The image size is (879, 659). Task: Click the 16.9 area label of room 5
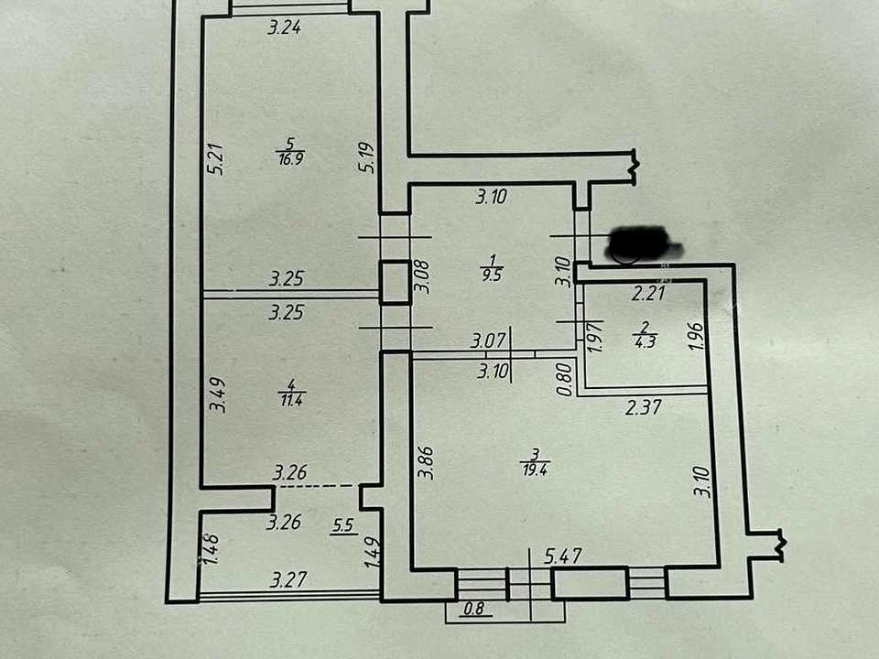click(290, 158)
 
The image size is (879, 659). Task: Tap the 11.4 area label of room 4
click(291, 400)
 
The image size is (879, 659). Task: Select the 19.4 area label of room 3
click(535, 470)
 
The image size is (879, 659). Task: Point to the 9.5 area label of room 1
click(492, 275)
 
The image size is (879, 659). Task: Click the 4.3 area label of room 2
click(646, 341)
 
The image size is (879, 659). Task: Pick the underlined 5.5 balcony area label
click(343, 525)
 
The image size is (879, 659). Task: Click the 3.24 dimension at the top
click(284, 27)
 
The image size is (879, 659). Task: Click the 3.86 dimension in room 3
click(426, 462)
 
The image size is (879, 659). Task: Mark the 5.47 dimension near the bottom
click(563, 556)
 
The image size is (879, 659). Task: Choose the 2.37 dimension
click(644, 406)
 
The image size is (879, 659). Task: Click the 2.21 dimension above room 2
click(648, 293)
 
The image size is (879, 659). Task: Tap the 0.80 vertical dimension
click(565, 379)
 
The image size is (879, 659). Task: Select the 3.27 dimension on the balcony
click(288, 578)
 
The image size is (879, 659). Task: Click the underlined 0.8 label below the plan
click(473, 609)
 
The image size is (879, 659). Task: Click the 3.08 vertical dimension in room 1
click(423, 276)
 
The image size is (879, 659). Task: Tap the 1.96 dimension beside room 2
click(695, 336)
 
